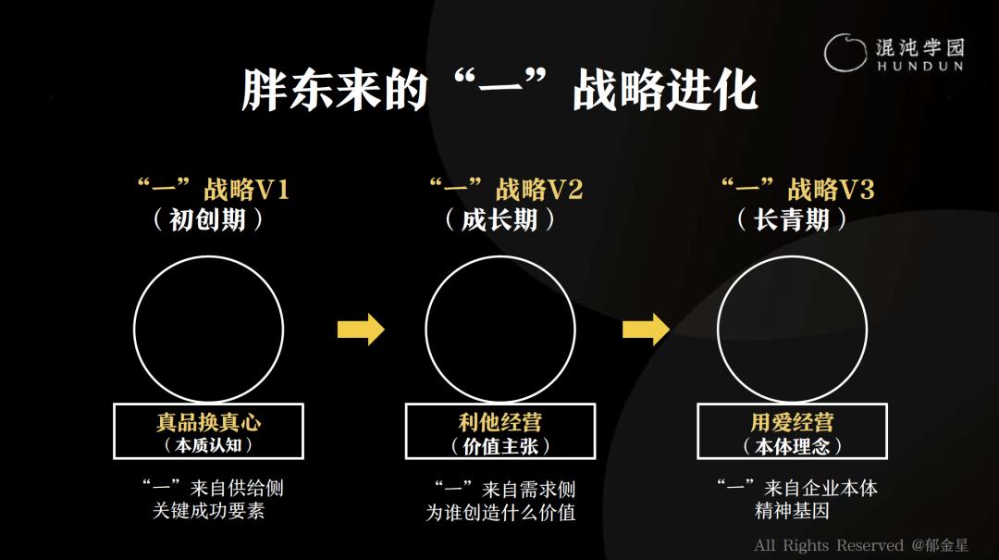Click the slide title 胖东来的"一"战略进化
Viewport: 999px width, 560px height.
click(x=499, y=90)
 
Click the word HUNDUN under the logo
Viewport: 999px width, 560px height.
click(x=920, y=66)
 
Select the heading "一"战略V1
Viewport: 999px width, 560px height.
click(x=214, y=190)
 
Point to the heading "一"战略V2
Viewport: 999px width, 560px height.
click(x=506, y=190)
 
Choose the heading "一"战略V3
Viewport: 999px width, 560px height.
click(x=797, y=190)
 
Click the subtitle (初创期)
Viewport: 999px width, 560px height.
click(x=208, y=220)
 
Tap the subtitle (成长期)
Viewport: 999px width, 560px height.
click(x=499, y=220)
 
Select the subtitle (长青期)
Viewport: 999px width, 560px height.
click(x=792, y=220)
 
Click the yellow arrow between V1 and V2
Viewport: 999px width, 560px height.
click(x=361, y=330)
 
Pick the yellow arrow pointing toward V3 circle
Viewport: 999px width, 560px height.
click(x=646, y=330)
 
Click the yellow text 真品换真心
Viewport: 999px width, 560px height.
click(x=208, y=421)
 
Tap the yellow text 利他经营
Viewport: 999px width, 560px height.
click(x=500, y=421)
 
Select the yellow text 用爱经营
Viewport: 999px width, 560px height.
click(x=792, y=421)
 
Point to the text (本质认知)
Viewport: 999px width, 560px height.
click(x=208, y=444)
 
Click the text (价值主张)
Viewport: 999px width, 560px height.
click(x=500, y=446)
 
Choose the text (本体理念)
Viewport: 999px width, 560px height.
click(x=792, y=446)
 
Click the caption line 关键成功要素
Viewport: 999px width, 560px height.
click(x=208, y=511)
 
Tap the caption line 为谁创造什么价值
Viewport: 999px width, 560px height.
click(x=500, y=512)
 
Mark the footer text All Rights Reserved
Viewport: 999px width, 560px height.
click(x=828, y=545)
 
